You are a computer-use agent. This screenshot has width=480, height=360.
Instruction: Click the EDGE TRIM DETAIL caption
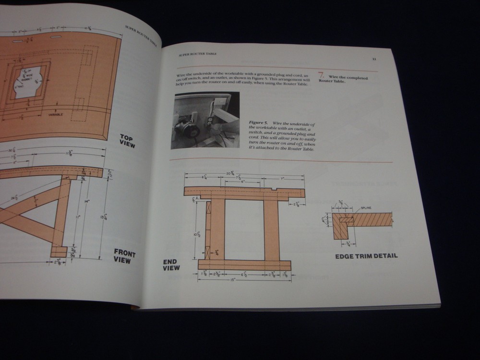click(366, 256)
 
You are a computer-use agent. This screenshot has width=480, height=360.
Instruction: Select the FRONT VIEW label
click(125, 256)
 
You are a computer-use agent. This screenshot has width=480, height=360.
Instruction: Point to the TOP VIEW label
click(128, 141)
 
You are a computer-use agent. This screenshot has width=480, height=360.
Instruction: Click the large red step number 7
click(322, 75)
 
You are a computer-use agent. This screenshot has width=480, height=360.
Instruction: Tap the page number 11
click(374, 60)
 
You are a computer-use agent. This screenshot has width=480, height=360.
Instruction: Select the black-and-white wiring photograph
click(205, 120)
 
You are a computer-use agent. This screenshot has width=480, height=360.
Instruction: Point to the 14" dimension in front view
click(87, 202)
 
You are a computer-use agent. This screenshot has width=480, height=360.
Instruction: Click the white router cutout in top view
click(28, 83)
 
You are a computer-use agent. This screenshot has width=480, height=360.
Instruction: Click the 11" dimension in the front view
click(77, 216)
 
